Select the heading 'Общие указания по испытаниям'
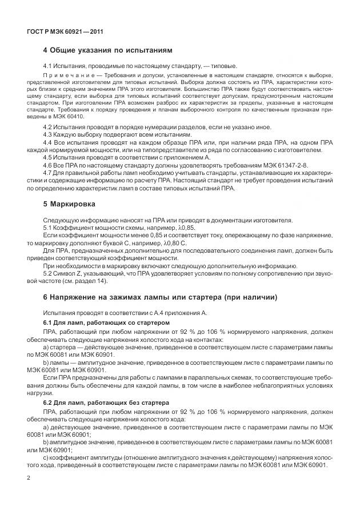pyautogui.click(x=103, y=51)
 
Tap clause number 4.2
pyautogui.click(x=48, y=126)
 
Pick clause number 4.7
pyautogui.click(x=48, y=172)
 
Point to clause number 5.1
pyautogui.click(x=48, y=228)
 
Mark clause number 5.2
pyautogui.click(x=48, y=273)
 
